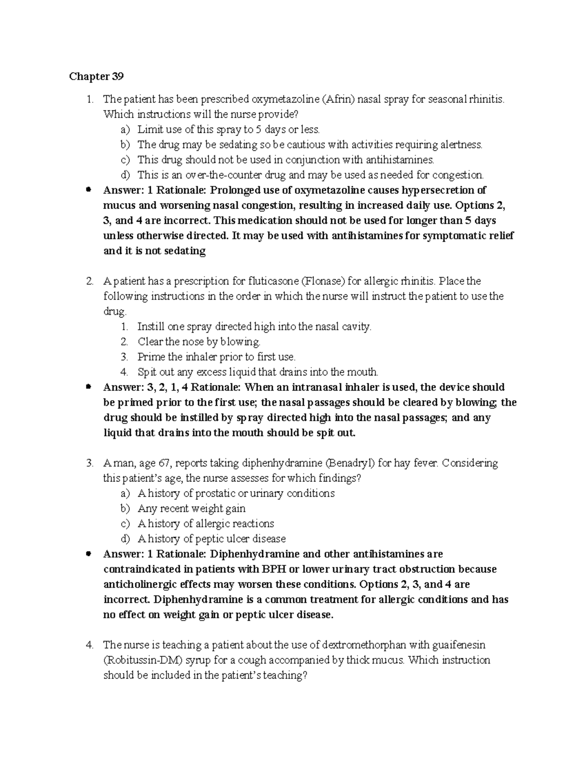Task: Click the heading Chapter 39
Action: tap(96, 76)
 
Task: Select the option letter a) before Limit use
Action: tap(126, 129)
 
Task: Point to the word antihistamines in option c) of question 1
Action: tap(399, 160)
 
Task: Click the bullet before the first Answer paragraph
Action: tap(88, 190)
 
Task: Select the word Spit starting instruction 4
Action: tap(146, 372)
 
